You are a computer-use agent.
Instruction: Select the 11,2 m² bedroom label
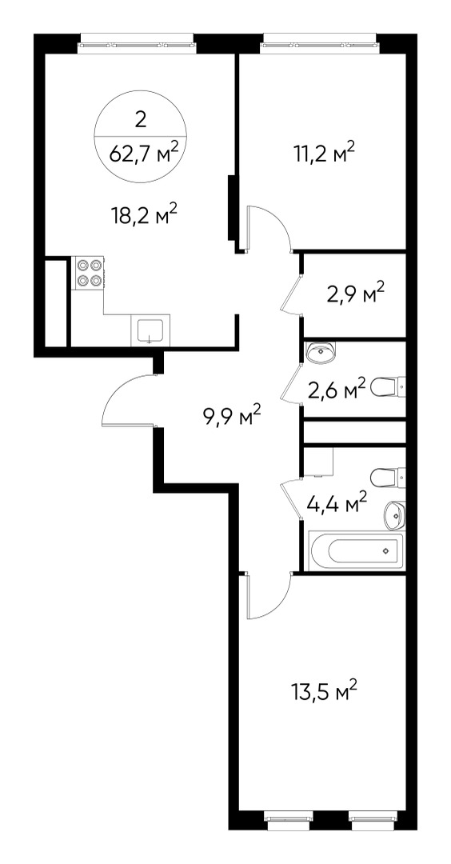[x=323, y=153]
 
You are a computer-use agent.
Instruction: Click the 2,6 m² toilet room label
[x=337, y=390]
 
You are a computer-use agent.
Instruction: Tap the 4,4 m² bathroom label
[x=337, y=504]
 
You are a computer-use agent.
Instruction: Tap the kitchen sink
[x=150, y=330]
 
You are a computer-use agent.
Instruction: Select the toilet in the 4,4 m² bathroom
[x=390, y=478]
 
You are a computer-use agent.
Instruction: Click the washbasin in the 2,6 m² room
[x=322, y=350]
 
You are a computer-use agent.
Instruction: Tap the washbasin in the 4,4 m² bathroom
[x=395, y=514]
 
